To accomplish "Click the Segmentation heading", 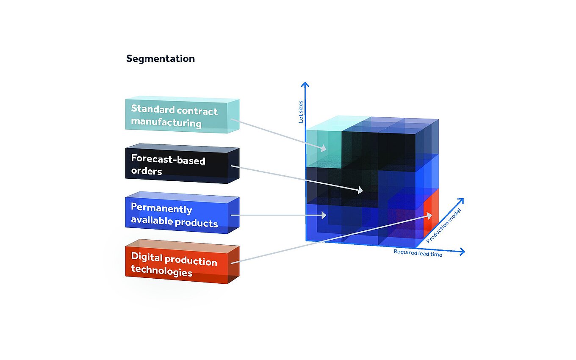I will (x=161, y=58).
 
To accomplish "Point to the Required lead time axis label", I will (x=418, y=253).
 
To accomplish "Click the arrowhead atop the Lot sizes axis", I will (x=305, y=84).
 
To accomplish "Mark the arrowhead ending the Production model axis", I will (x=461, y=200).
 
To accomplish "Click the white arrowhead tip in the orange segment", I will (x=429, y=216).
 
